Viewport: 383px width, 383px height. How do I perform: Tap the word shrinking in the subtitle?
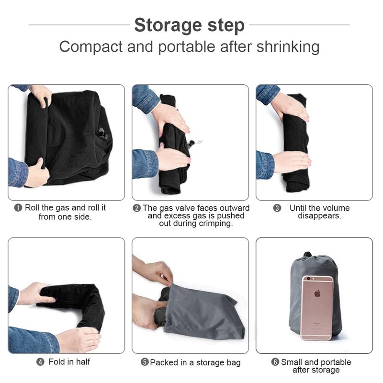point(288,47)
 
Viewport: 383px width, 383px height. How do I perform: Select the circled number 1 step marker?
point(18,208)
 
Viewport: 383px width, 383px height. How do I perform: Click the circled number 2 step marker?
point(136,208)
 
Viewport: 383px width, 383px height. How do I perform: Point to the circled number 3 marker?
point(277,208)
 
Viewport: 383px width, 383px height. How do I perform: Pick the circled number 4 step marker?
point(40,362)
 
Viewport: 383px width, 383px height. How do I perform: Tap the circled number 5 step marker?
point(145,362)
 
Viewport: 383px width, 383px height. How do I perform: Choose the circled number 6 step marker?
point(275,362)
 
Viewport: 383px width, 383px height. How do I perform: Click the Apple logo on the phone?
point(317,293)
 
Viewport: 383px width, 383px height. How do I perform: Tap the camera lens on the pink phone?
point(308,279)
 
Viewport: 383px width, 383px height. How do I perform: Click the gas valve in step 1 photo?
point(102,134)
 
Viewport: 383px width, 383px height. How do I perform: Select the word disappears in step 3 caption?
point(319,216)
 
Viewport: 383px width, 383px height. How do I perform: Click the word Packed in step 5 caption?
point(164,362)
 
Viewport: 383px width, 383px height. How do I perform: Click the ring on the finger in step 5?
point(168,269)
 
